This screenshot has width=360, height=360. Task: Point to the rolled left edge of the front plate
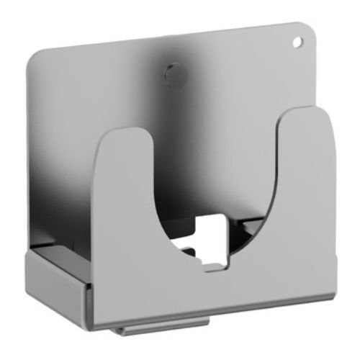(x=91, y=288)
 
